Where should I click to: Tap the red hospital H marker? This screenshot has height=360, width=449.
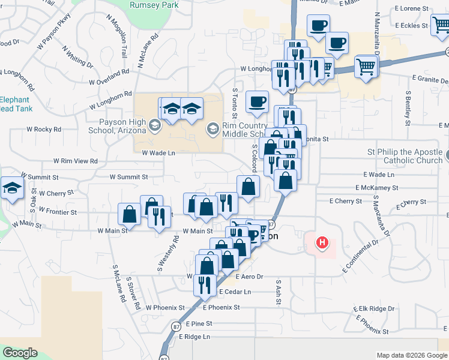tap(323, 243)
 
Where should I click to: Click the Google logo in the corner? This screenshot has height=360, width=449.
tap(20, 353)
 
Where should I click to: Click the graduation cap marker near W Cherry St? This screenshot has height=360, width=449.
tap(12, 188)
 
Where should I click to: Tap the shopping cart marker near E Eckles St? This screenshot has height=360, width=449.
tap(441, 25)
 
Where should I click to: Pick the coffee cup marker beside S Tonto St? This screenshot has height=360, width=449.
tap(257, 101)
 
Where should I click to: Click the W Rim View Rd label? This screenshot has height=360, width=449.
tap(75, 161)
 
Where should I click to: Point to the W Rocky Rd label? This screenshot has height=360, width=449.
tap(44, 130)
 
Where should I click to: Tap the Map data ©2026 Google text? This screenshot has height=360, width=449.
tap(411, 355)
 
